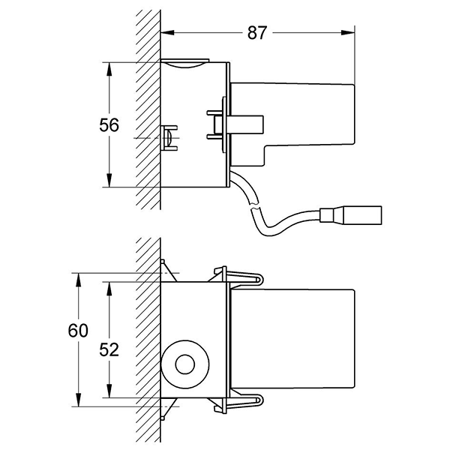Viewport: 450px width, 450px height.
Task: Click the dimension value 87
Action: [256, 32]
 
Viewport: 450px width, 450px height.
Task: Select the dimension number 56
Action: [109, 124]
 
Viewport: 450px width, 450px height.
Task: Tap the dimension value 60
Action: [78, 330]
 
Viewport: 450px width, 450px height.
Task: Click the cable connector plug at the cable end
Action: [353, 214]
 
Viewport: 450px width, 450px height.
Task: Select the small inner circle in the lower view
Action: [182, 365]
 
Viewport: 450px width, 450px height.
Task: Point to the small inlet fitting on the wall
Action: [171, 138]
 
